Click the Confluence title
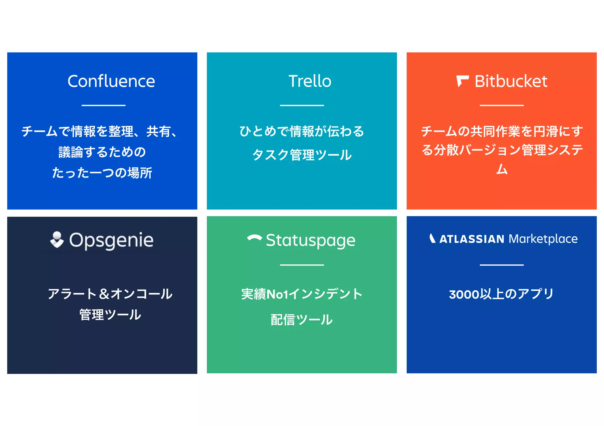click(x=111, y=81)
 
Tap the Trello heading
click(x=310, y=81)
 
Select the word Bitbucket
click(x=511, y=81)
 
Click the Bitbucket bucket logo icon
click(x=462, y=81)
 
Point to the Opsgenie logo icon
click(x=57, y=240)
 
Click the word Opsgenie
click(x=111, y=240)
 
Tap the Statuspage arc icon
click(x=255, y=238)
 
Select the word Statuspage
click(x=311, y=240)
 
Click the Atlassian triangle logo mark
click(x=432, y=238)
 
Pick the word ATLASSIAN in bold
click(x=472, y=239)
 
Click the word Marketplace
click(x=543, y=239)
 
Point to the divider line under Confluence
click(x=104, y=105)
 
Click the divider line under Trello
click(x=302, y=105)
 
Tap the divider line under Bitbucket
click(x=501, y=105)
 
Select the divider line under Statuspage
click(x=302, y=265)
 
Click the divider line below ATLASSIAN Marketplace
click(x=501, y=265)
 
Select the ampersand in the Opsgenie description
click(x=104, y=294)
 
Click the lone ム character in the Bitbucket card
click(x=502, y=169)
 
